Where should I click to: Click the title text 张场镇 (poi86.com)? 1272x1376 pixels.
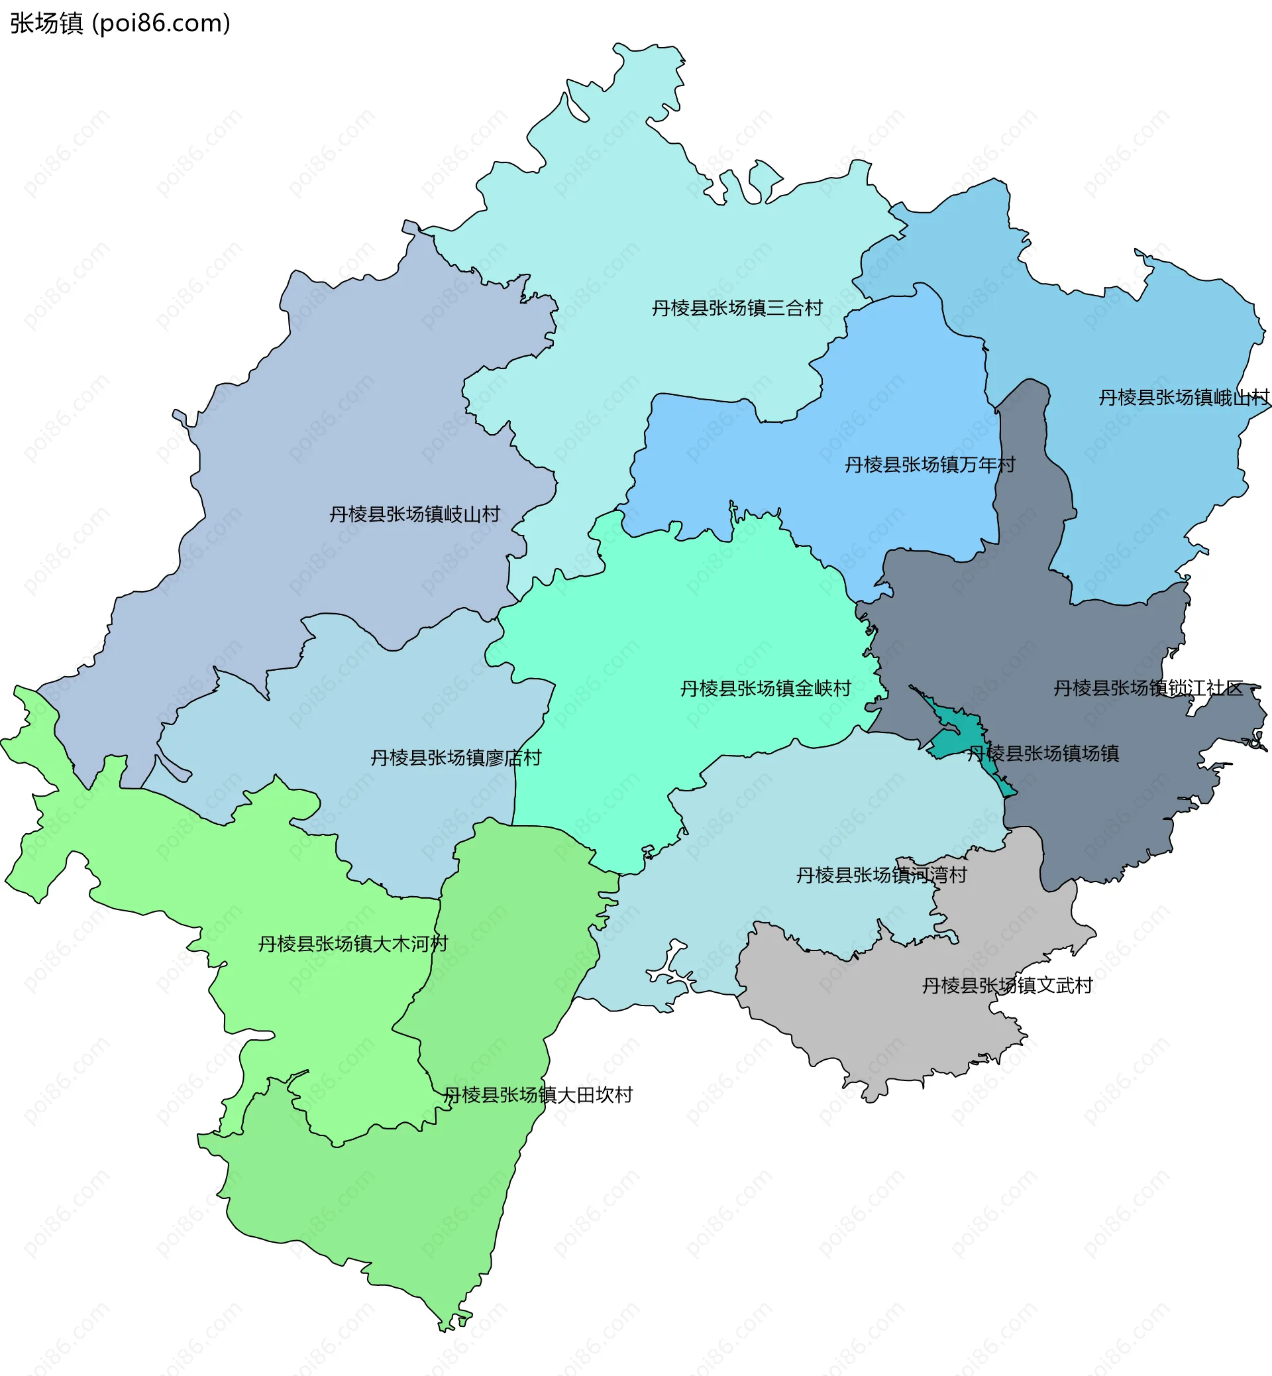pos(120,23)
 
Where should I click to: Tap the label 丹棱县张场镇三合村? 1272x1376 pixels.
pos(737,308)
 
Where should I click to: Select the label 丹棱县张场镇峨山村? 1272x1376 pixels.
pos(1183,398)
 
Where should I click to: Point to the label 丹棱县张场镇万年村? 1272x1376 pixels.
pos(930,465)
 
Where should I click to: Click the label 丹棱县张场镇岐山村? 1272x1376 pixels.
pos(414,514)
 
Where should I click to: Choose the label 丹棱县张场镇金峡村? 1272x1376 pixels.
pos(765,689)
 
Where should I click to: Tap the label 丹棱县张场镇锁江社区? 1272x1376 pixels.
pos(1149,688)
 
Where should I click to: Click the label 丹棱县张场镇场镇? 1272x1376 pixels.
pos(1043,754)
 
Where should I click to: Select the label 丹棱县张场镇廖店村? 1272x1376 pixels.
pos(456,758)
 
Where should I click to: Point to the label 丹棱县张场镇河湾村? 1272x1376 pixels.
pos(881,876)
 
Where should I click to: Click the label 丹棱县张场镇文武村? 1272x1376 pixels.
pos(1007,986)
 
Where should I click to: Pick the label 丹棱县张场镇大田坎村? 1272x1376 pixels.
pos(537,1095)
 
